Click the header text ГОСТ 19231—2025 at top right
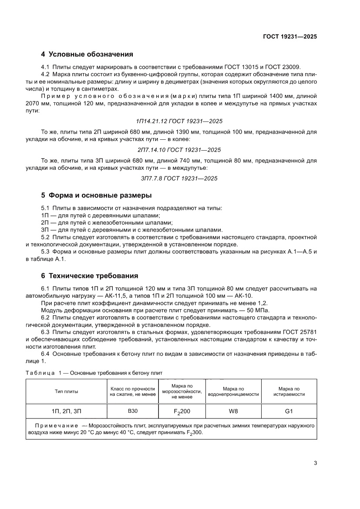pos(289,37)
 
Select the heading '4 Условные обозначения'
pos(87,54)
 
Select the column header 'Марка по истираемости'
pos(289,391)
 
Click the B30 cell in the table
pos(132,411)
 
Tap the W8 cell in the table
pos(233,411)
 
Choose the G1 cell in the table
pos(289,411)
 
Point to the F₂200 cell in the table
pos(182,411)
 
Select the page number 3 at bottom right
pos(315,463)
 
